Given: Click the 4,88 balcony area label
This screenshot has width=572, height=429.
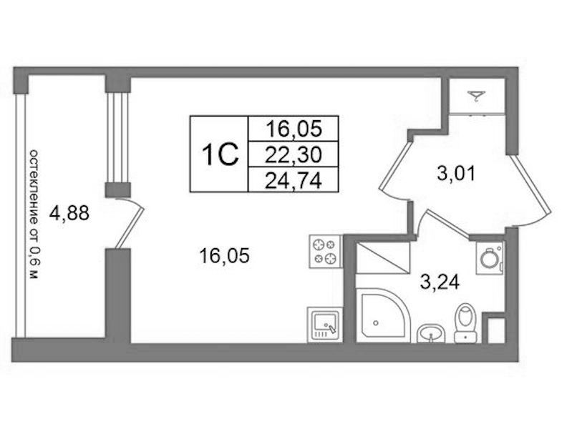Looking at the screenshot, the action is coord(69,213).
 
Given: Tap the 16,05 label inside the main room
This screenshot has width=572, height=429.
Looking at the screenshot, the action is coord(224,255).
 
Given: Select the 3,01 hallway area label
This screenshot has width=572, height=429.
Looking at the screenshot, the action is coord(456,173).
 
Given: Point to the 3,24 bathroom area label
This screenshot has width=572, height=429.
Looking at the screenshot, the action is coord(440,282).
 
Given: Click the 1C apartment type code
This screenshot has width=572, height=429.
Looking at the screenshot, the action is coord(220,154).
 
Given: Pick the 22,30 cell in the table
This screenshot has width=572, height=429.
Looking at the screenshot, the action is coord(294,154).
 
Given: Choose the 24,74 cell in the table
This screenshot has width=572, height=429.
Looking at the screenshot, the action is coord(294,180).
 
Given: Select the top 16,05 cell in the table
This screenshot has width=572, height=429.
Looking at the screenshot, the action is coord(294,128).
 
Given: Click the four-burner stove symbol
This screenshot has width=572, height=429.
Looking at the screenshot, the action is coord(326,251).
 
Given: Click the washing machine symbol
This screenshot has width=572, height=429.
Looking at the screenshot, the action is coord(490,258).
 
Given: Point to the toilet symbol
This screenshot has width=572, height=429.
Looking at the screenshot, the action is coord(466,323).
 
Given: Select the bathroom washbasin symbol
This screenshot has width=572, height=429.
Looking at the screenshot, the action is coord(431,333).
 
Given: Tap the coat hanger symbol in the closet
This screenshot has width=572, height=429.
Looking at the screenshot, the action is coord(476,97).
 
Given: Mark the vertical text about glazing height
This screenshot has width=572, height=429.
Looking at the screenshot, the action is coord(34,214).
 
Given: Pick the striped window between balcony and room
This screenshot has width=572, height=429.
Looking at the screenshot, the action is coord(118,137).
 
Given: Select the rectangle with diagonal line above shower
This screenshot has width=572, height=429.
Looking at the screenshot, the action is coord(383,257).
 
